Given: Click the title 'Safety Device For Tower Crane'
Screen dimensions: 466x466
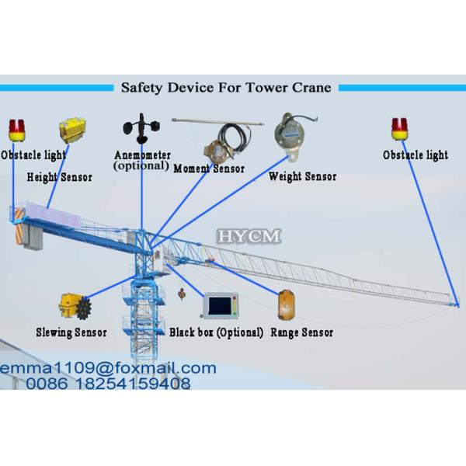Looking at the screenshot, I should tap(226, 87).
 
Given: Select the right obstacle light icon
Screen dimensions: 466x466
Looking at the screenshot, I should tap(399, 130).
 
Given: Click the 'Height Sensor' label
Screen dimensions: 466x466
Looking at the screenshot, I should tap(59, 177).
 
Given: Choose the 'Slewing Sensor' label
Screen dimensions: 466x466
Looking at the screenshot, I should tap(71, 332).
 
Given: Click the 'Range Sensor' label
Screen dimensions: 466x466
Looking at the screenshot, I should tap(301, 332).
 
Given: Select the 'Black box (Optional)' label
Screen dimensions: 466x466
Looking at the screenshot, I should tap(217, 332).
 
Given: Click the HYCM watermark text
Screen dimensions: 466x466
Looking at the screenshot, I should tap(249, 235).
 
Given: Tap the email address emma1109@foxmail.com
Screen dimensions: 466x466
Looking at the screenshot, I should tap(109, 367).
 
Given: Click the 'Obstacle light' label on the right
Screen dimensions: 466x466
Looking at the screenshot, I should tap(416, 155).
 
